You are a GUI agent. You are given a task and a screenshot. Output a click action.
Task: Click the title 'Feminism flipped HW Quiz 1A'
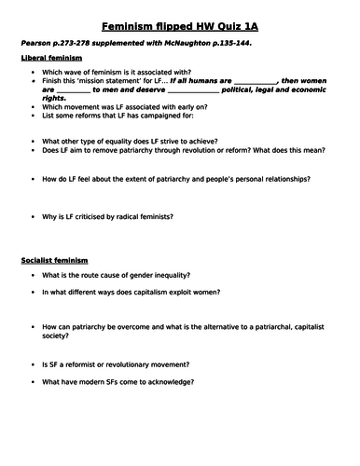coord(179,25)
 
